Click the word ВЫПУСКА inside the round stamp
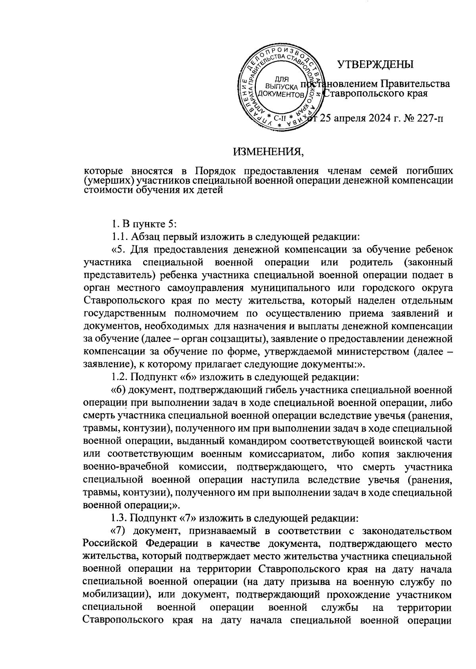[x=281, y=86]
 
